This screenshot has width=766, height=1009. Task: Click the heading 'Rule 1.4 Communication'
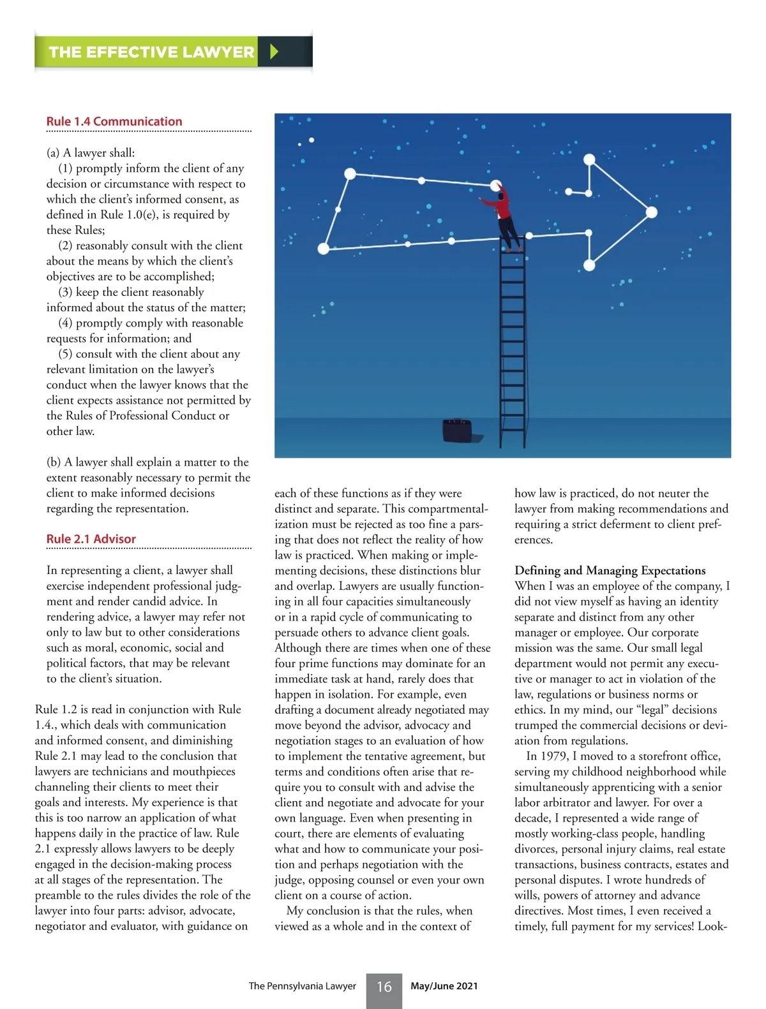[x=114, y=121]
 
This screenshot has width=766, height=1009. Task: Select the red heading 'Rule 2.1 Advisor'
[x=91, y=539]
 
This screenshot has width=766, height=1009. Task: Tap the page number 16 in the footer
[x=384, y=987]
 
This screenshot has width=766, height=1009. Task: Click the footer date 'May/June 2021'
[x=444, y=986]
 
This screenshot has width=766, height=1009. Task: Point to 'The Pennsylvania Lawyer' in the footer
[x=302, y=986]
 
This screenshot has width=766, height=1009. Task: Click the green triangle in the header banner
[x=274, y=52]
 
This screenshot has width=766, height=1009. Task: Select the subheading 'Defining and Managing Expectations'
[x=610, y=570]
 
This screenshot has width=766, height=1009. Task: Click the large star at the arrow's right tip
[x=651, y=212]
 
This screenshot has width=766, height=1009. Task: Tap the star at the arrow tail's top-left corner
[x=350, y=173]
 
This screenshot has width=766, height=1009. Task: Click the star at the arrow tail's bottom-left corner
[x=324, y=248]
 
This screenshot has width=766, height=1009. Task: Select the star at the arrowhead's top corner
[x=589, y=159]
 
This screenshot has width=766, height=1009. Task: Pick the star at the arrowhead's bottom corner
[x=590, y=264]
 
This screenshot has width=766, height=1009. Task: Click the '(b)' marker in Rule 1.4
[x=54, y=462]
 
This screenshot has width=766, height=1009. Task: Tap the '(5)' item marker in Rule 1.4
[x=65, y=354]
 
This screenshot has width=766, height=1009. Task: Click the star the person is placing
[x=495, y=185]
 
